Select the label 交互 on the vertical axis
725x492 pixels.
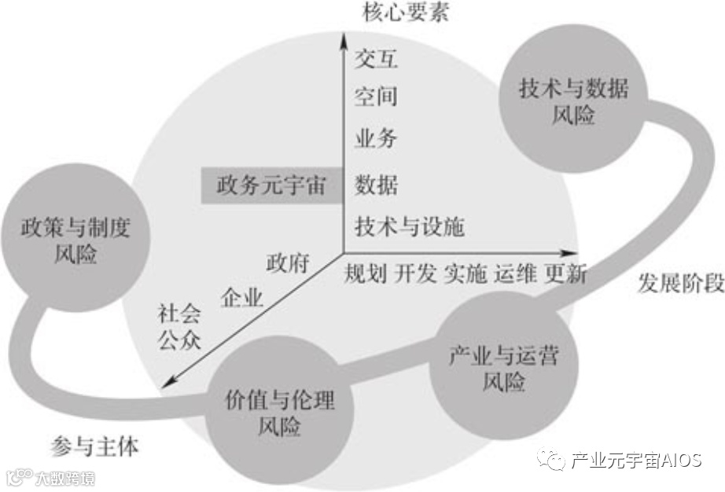pos(376,58)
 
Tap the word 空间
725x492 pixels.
pos(376,97)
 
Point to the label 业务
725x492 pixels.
pos(376,140)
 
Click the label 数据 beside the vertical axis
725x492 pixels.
pos(376,185)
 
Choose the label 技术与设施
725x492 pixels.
pos(410,227)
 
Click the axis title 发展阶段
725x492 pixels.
pos(680,285)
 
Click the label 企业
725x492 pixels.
pos(242,297)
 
